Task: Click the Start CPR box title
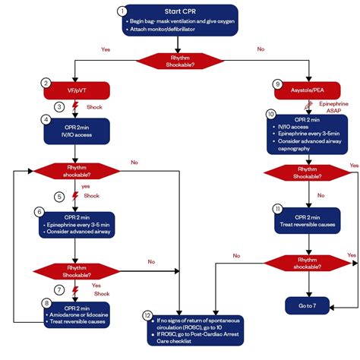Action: pos(182,12)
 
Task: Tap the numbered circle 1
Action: pos(122,11)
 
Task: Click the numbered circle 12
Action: pos(147,314)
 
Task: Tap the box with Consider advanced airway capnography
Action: pos(310,135)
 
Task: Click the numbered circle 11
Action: pos(278,207)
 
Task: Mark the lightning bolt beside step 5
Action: pos(74,196)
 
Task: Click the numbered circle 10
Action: pos(270,113)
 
